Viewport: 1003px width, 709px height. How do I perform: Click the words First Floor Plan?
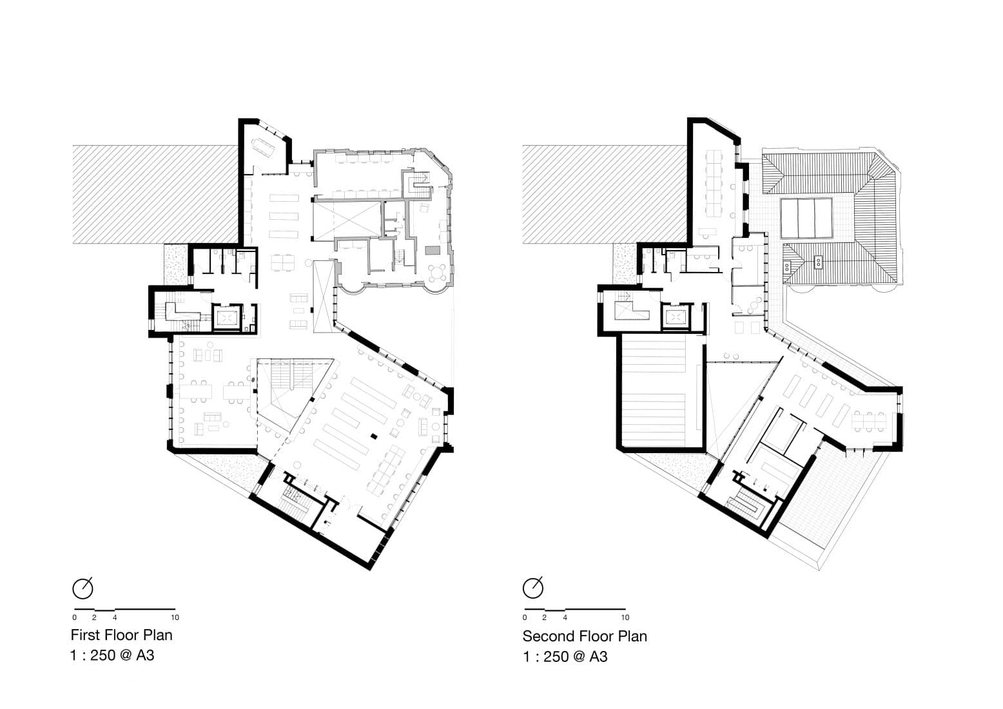pyautogui.click(x=121, y=635)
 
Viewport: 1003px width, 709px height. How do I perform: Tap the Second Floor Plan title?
pyautogui.click(x=585, y=636)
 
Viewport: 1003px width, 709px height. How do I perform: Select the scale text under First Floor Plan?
pyautogui.click(x=112, y=656)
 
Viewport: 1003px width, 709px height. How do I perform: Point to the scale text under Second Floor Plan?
pyautogui.click(x=565, y=657)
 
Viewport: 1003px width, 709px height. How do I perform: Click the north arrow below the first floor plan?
pyautogui.click(x=83, y=588)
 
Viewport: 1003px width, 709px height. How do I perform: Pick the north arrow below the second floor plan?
pyautogui.click(x=533, y=588)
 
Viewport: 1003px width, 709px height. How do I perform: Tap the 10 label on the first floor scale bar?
pyautogui.click(x=175, y=617)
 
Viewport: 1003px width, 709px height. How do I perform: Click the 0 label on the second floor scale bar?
pyautogui.click(x=525, y=617)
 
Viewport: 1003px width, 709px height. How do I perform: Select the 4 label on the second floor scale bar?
pyautogui.click(x=565, y=617)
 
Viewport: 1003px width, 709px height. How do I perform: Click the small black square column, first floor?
pyautogui.click(x=373, y=436)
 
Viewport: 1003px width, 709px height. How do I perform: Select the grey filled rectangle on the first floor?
pyautogui.click(x=433, y=250)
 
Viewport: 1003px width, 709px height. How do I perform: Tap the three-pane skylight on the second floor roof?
pyautogui.click(x=806, y=218)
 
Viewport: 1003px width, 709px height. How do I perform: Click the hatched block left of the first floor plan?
pyautogui.click(x=155, y=194)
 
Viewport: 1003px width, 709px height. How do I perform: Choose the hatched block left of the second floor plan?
pyautogui.click(x=605, y=194)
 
